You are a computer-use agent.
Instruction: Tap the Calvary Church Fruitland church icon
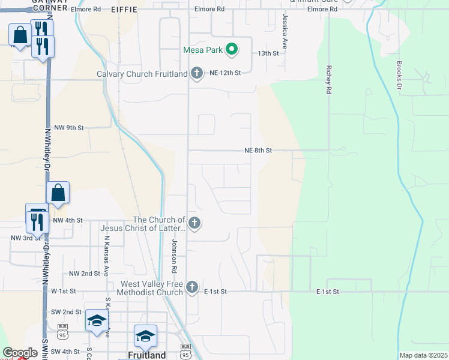tap(196, 74)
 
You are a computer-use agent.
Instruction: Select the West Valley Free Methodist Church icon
tap(191, 287)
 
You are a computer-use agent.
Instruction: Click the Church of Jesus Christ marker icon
tap(194, 223)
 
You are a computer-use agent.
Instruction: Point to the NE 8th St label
tap(258, 151)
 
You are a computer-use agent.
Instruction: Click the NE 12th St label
tap(225, 73)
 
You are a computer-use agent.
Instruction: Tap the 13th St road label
tap(268, 53)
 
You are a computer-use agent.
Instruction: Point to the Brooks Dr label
tap(399, 74)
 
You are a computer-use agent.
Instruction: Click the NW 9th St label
tap(68, 128)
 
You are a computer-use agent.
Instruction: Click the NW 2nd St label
tap(84, 274)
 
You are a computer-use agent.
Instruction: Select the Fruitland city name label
tap(146, 355)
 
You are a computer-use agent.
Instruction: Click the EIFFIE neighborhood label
tap(124, 10)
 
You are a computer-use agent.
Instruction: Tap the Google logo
tap(20, 353)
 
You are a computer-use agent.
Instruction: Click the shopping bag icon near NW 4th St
tap(58, 193)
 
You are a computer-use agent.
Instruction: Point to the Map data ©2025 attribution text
tap(423, 355)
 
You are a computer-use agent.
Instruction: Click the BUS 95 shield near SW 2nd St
tap(62, 328)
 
